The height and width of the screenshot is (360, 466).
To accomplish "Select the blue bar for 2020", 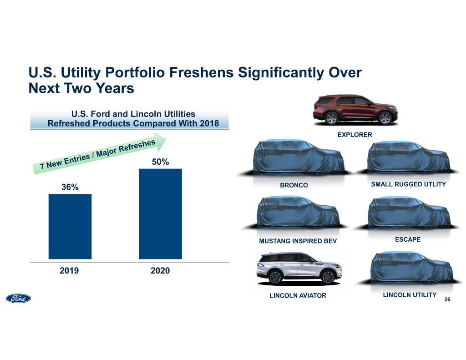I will (x=160, y=213).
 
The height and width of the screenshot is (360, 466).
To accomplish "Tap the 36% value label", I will (x=70, y=188).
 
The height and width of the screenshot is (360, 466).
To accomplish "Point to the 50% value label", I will (x=160, y=162).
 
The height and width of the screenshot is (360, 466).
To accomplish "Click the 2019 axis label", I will (x=70, y=271).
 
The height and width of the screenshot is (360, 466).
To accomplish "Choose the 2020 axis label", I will (x=160, y=271).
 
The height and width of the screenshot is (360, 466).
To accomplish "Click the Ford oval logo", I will (x=18, y=299).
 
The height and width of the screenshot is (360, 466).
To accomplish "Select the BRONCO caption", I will (x=294, y=185).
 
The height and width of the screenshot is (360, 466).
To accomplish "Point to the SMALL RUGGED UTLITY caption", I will (x=408, y=184).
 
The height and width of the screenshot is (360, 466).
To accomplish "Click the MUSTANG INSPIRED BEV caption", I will (x=298, y=241).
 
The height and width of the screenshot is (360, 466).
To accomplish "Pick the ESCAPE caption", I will (x=407, y=239).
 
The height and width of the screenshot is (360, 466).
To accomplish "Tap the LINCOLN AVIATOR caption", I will (x=298, y=296).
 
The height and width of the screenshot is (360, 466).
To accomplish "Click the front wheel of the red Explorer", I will (x=385, y=118).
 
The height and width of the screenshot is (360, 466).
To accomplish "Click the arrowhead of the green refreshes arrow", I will (x=162, y=137).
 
